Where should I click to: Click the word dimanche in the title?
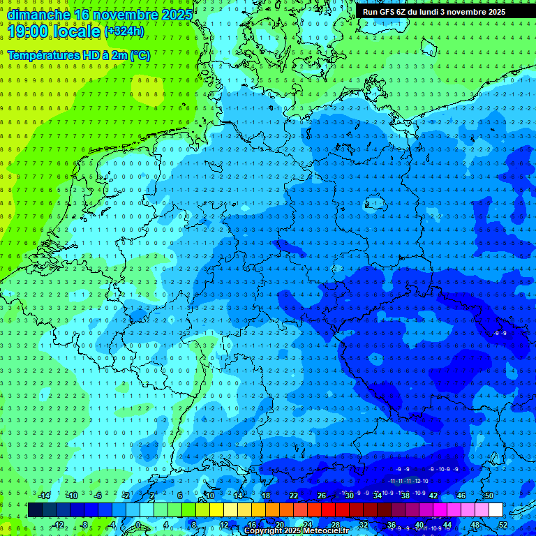pos(39,14)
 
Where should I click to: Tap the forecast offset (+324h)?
pos(124,31)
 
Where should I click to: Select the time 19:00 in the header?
pos(28,31)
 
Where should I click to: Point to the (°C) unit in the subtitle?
pos(140,55)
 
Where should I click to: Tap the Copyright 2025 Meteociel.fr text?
pos(297,531)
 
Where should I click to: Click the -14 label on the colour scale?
pos(45,496)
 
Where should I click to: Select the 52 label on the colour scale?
pos(503,524)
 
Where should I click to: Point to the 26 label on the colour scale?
pos(322,496)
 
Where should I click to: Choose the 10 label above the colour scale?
pos(209,496)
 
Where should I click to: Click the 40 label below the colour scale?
pos(419,524)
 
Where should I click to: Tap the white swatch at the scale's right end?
pos(496,510)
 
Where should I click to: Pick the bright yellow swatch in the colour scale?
pos(216,510)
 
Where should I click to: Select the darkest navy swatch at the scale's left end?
pos(35,510)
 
